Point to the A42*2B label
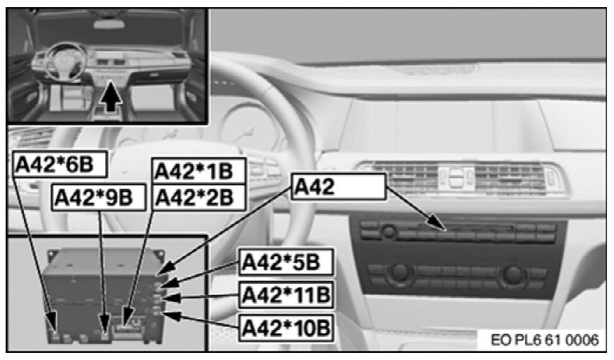[x=198, y=197]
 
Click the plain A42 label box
[x=337, y=186]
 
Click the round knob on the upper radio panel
[x=387, y=232]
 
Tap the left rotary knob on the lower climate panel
[x=400, y=273]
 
